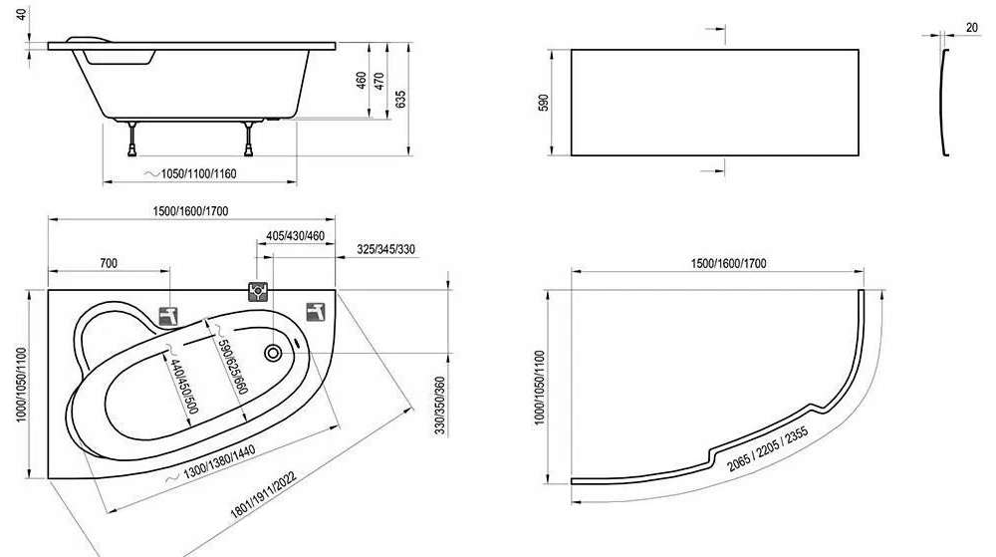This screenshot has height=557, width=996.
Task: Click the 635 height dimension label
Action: [x=400, y=99]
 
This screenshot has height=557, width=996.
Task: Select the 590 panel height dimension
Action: [x=544, y=103]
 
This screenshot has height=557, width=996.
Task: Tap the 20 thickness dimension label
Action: [x=972, y=27]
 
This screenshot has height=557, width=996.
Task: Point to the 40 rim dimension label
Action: [x=23, y=13]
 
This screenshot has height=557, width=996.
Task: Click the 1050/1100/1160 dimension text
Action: [x=199, y=173]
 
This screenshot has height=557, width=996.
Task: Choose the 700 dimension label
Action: [x=109, y=263]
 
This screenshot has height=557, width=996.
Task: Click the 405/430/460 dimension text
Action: [x=296, y=235]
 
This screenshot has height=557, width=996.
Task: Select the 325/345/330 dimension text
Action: [x=385, y=249]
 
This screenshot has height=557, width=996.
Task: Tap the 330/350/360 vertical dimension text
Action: [x=439, y=406]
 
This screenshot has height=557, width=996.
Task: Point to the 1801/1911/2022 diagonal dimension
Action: [x=262, y=495]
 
